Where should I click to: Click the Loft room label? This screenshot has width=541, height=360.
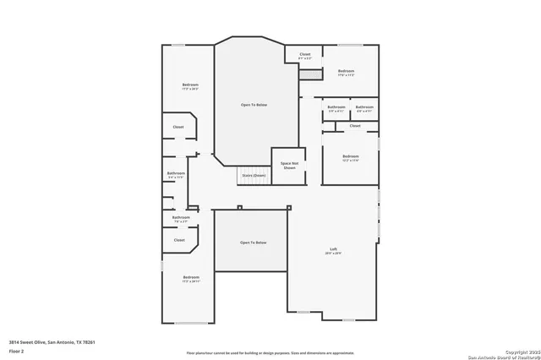(x=334, y=248)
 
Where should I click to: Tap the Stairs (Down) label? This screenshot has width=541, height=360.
(x=254, y=175)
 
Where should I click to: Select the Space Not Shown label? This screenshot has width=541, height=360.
(x=289, y=165)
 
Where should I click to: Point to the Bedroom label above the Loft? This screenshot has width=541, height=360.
(x=351, y=155)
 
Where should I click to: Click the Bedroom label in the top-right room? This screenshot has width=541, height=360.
(x=346, y=71)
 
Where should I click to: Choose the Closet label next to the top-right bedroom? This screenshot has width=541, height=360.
(x=304, y=55)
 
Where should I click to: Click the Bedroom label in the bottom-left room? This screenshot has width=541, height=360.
(x=191, y=277)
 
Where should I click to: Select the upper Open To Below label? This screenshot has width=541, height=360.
(x=254, y=104)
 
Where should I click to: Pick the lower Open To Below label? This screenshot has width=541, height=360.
(x=253, y=243)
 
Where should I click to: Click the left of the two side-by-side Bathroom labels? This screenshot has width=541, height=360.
(x=336, y=107)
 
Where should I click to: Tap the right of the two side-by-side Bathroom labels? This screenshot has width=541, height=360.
(x=364, y=107)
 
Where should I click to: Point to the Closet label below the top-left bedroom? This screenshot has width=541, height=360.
(x=178, y=127)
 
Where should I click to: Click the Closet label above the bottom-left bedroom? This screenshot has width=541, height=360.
(x=179, y=239)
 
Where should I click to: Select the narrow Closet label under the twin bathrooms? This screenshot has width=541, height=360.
(x=355, y=125)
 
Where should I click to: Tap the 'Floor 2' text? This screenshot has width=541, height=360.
(x=17, y=349)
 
